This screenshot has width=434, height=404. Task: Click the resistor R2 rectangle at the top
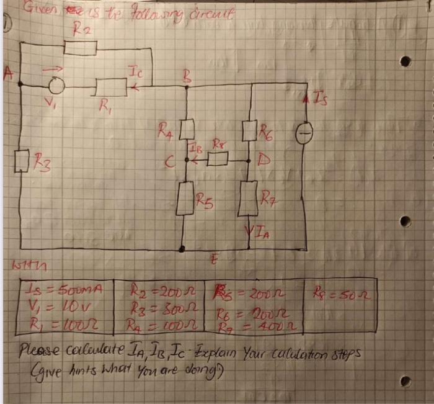pos(81,47)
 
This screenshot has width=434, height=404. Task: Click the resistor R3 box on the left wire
pos(21,163)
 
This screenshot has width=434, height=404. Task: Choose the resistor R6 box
pos(250,130)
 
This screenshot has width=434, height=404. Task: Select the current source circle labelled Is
pos(304,133)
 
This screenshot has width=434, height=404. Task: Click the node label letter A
pos(9,73)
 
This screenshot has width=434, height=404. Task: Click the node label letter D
pos(263,159)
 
